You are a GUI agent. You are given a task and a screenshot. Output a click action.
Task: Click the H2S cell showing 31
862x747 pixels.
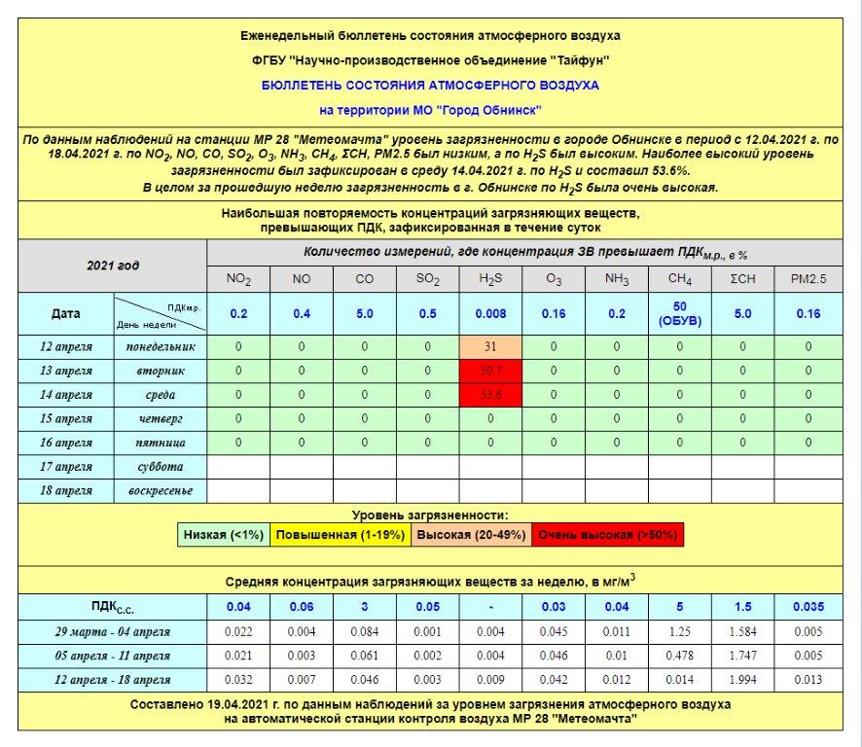[x=490, y=346]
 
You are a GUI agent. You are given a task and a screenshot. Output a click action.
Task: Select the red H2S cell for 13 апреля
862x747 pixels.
[x=490, y=371]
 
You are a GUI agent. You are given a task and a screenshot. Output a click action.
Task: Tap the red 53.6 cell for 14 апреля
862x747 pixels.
[x=490, y=394]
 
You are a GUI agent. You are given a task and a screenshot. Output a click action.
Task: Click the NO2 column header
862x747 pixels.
[x=238, y=280]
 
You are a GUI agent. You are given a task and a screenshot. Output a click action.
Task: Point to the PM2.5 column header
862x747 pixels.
[x=808, y=280]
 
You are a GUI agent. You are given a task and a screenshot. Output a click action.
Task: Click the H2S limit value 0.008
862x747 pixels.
[x=490, y=314]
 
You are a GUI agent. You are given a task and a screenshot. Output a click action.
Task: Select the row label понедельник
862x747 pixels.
[x=161, y=346]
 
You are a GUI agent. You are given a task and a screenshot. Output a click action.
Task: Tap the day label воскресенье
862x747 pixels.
[x=161, y=490]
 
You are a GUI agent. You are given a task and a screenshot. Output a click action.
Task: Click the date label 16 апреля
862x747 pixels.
[x=67, y=443]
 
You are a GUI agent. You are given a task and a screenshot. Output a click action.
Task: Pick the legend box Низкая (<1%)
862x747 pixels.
[x=223, y=535]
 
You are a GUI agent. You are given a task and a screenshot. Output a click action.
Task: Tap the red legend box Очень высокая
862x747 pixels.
[x=607, y=535]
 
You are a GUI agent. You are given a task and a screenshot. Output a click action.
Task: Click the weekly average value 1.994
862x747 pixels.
[x=744, y=679]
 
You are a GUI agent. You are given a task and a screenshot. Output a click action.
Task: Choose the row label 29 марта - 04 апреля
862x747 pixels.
[x=113, y=632]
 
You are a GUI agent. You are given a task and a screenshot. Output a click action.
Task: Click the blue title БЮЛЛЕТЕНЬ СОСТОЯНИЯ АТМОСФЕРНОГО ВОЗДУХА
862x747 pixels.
[x=430, y=86]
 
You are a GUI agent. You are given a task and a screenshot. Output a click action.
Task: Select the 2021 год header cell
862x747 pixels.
[x=113, y=266]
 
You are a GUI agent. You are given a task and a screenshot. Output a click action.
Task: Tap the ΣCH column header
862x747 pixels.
[x=744, y=280]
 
